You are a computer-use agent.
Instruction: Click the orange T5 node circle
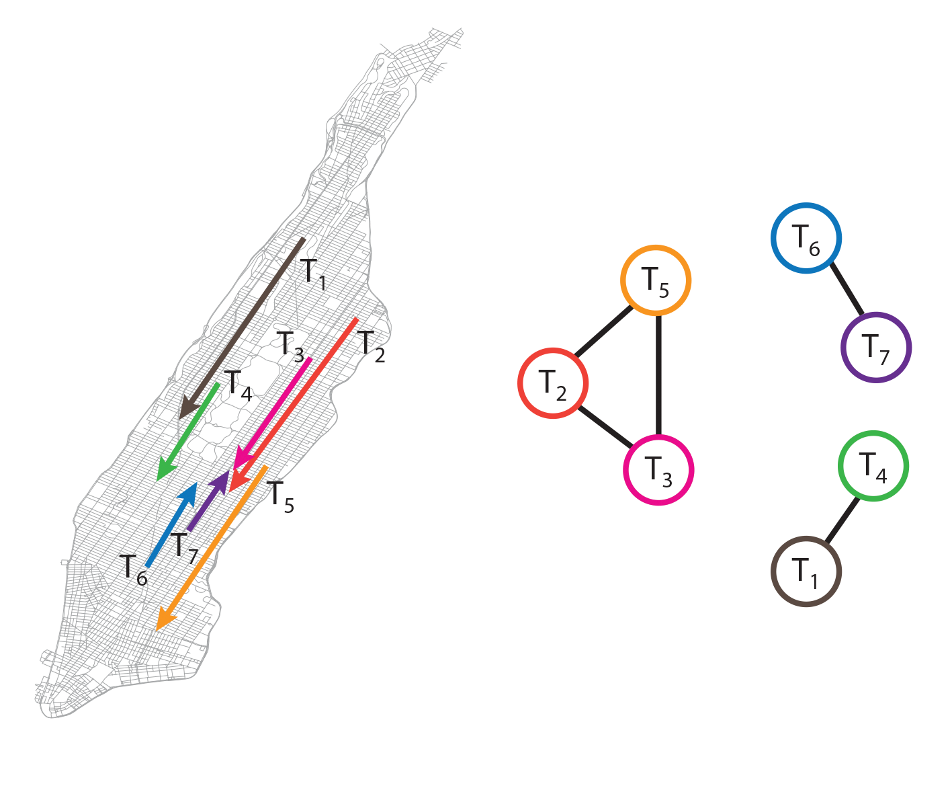click(656, 280)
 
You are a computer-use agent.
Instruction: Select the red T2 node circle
click(553, 383)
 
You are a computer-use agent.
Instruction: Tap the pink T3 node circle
click(659, 470)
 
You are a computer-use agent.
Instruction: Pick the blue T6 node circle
click(806, 238)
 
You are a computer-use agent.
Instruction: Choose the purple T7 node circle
click(876, 348)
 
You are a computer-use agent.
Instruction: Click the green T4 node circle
click(873, 466)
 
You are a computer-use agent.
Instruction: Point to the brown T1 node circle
click(806, 571)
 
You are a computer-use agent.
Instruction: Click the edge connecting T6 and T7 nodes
click(847, 288)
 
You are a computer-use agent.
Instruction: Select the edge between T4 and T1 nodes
click(842, 520)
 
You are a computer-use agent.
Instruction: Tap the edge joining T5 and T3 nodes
click(658, 375)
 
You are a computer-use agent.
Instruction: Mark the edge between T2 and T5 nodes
click(604, 331)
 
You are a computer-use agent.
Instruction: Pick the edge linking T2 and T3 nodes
click(605, 426)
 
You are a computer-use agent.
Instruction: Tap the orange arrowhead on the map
click(166, 620)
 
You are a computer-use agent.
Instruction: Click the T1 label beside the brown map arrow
click(314, 275)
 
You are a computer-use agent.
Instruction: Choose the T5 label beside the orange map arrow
click(280, 498)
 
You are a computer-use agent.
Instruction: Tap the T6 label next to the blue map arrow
click(133, 570)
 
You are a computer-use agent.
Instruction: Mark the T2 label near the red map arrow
click(371, 348)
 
